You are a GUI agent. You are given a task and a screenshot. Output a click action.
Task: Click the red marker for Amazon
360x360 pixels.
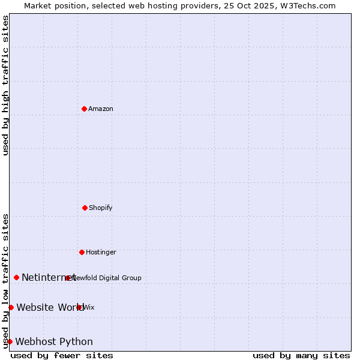pos(84,109)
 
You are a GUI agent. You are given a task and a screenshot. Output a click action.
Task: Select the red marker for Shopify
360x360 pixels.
pos(85,208)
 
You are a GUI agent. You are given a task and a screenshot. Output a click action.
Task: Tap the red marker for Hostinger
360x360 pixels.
pos(82,252)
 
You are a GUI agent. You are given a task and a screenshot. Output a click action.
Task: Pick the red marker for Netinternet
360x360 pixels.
pos(16,277)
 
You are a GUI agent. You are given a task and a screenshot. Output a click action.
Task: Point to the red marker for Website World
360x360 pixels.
pos(11,307)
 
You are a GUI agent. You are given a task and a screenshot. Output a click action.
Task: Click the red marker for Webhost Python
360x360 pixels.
pos(10,341)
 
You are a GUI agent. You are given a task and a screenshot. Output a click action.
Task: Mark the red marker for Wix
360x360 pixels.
pos(79,307)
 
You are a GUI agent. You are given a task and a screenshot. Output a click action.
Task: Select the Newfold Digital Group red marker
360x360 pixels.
pos(68,278)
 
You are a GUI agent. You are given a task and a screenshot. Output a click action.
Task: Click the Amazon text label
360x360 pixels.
pos(101,109)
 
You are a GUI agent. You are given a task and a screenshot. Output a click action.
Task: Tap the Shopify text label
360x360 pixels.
pos(101,208)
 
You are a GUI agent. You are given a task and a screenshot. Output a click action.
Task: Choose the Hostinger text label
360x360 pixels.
pos(101,252)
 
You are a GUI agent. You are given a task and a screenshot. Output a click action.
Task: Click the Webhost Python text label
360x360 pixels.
pos(54,341)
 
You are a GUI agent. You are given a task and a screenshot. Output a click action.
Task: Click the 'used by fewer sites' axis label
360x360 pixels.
pos(62,355)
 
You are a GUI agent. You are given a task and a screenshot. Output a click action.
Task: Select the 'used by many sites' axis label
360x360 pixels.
pos(301,355)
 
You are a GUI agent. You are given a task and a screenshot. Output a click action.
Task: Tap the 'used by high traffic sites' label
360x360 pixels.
pos(5,85)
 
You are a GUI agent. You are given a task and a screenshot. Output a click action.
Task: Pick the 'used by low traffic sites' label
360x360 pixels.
pos(5,281)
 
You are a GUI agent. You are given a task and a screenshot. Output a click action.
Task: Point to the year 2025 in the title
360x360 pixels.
pos(254,5)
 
